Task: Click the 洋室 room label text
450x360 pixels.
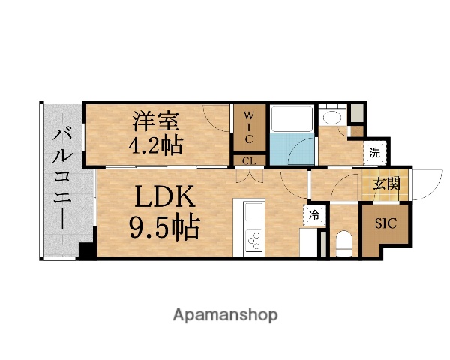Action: point(157,119)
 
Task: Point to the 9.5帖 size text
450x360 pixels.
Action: point(165,226)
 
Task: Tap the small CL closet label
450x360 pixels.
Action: point(248,160)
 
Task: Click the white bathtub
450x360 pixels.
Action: point(290,118)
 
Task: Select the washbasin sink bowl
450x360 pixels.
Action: point(331,118)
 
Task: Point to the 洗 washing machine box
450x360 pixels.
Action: point(374,153)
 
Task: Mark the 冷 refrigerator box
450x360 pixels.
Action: point(316,214)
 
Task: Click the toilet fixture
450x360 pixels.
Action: point(344,243)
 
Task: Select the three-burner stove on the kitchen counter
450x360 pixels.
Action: point(254,241)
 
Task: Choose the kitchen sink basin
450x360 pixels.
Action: point(253,215)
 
